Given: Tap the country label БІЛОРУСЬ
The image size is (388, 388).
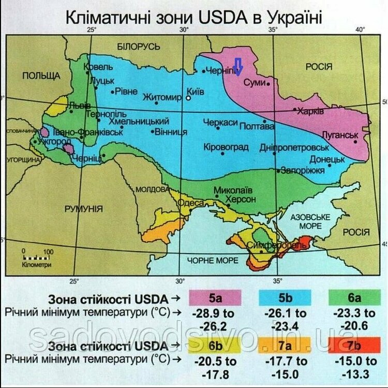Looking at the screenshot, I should pos(139,47).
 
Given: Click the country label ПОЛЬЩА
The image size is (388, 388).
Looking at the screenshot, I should pos(41,76).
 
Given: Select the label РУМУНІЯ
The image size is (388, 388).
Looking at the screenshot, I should pos(83,209).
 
